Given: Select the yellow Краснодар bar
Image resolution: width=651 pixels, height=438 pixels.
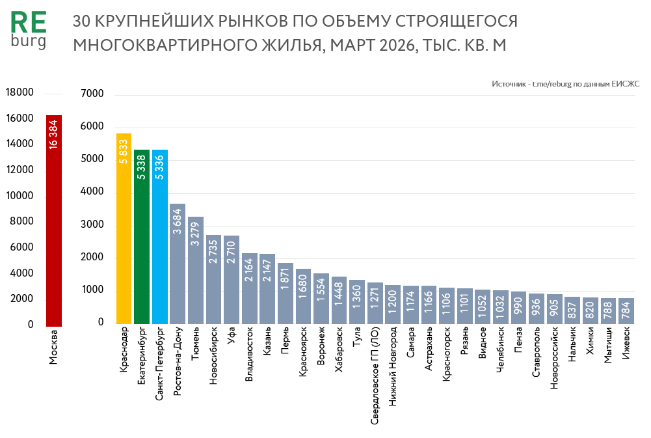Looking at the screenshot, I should [124, 228].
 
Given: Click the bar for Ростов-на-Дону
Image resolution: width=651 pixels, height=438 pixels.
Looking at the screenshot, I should [178, 264].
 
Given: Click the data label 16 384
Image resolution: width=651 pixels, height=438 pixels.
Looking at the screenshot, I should [54, 133].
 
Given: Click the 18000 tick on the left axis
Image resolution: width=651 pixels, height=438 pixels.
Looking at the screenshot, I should [20, 93].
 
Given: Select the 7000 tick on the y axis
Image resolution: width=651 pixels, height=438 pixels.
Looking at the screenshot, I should [92, 94].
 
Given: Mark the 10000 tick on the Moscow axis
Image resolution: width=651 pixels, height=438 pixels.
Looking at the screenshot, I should [20, 196].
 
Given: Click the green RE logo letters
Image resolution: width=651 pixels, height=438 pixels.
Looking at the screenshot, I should [29, 23].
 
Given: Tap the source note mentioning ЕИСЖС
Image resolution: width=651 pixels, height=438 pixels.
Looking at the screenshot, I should [566, 84].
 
